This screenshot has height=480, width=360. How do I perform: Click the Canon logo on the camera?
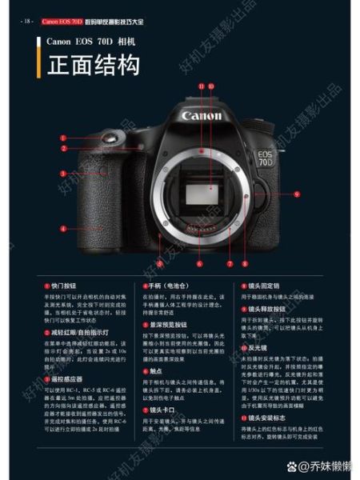click(202, 117)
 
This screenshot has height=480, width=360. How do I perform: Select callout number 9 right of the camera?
click(296, 193)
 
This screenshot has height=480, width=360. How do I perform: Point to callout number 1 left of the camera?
click(63, 138)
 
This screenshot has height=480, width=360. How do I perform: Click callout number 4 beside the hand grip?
click(63, 228)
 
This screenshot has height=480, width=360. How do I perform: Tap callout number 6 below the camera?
click(199, 262)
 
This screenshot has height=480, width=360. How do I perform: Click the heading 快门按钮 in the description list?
click(65, 285)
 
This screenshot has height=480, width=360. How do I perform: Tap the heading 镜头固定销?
click(264, 285)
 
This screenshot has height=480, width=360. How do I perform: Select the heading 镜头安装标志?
click(267, 418)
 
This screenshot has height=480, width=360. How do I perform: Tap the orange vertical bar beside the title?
click(41, 65)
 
